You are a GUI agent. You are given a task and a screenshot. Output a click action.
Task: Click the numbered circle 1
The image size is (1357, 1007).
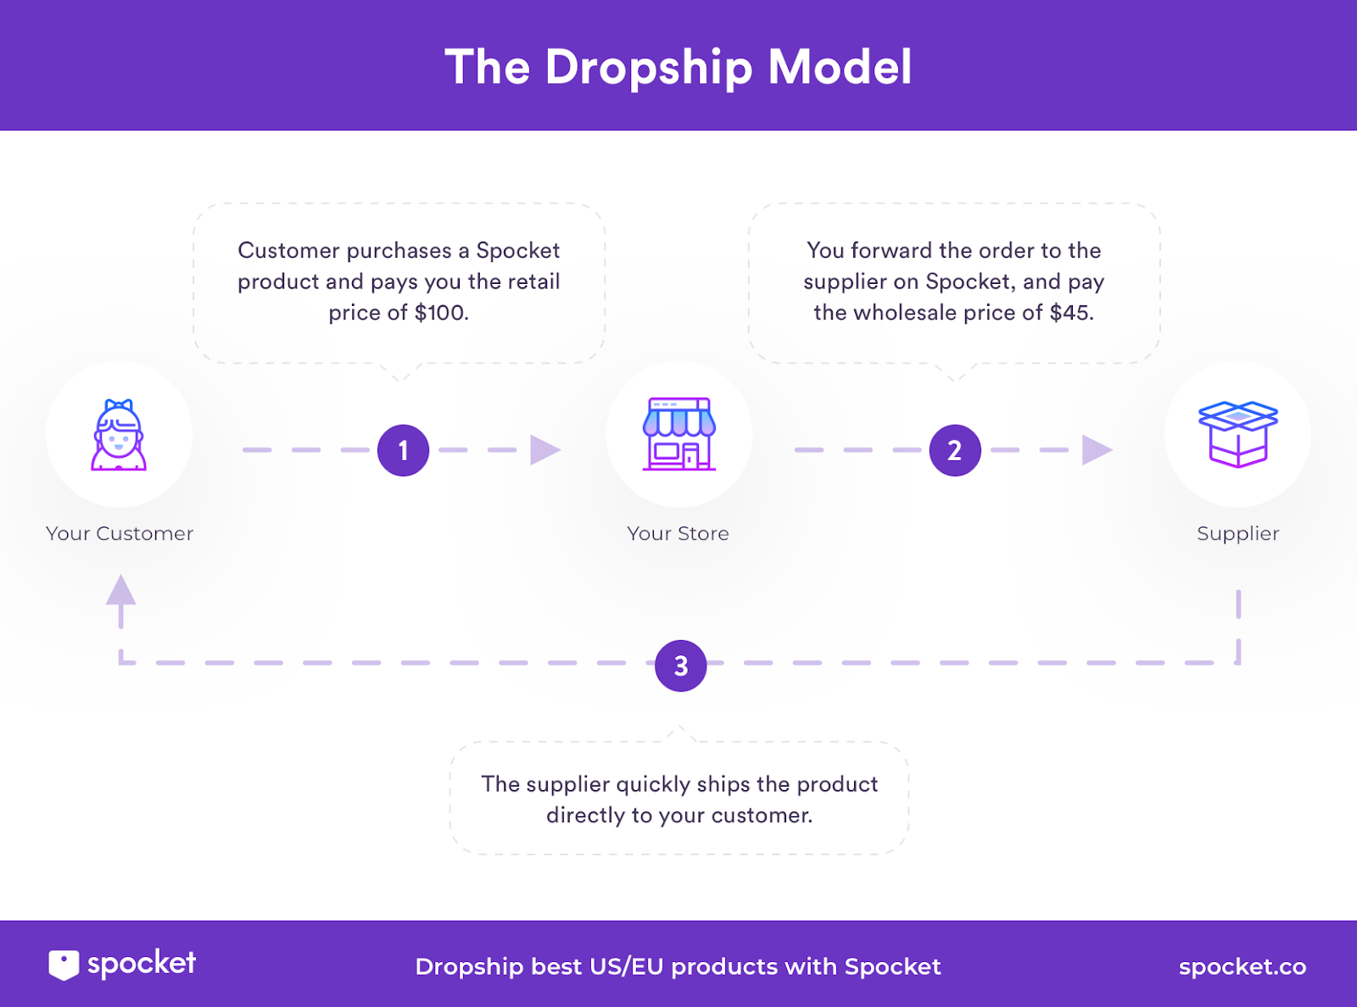(403, 450)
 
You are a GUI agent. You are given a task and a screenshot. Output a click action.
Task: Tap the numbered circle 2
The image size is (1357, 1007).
(955, 450)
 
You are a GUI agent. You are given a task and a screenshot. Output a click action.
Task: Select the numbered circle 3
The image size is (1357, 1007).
(680, 665)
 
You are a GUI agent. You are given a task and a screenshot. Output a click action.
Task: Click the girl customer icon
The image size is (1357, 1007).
(119, 435)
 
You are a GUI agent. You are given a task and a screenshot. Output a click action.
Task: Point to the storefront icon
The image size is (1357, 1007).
(678, 434)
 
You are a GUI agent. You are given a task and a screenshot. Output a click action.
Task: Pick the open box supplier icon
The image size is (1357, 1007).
(1237, 434)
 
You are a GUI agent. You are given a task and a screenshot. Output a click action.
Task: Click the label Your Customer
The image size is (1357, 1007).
(120, 533)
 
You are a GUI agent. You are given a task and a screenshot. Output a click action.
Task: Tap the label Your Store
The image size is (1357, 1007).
(678, 533)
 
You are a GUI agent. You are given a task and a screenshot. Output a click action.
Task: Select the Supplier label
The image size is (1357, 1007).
(1237, 533)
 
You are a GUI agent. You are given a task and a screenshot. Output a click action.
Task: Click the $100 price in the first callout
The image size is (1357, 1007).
(440, 313)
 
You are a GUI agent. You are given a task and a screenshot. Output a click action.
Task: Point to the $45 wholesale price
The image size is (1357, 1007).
(1070, 313)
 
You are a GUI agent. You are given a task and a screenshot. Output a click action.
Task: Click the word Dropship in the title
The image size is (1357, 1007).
(649, 68)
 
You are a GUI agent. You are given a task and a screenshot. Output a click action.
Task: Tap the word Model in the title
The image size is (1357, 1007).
(840, 67)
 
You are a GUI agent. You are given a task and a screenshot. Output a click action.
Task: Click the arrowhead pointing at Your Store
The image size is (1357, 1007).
(544, 450)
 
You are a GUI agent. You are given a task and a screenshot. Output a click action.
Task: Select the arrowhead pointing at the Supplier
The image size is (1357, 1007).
(1097, 450)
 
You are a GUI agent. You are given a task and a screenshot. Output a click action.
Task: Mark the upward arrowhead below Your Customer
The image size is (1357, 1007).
(121, 590)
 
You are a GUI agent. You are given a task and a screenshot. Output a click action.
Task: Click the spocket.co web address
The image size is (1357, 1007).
(1242, 966)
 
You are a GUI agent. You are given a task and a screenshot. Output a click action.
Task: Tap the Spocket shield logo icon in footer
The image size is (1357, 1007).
(64, 965)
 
